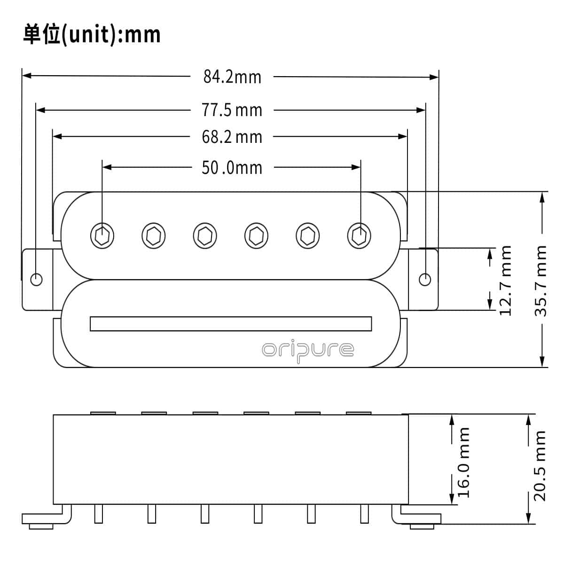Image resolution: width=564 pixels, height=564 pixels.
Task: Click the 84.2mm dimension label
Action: tap(232, 76)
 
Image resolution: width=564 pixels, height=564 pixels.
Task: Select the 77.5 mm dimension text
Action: tap(232, 110)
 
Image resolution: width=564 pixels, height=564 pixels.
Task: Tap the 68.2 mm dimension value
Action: tap(232, 137)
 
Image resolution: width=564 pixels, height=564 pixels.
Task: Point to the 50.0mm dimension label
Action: tap(232, 167)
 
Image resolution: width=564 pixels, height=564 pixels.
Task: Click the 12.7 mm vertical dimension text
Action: tap(505, 280)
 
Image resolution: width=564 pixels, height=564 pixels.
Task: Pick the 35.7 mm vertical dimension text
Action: tap(541, 280)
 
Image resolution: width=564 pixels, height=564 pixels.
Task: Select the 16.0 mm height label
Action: tap(464, 462)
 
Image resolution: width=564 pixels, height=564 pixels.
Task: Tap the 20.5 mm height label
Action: tap(540, 465)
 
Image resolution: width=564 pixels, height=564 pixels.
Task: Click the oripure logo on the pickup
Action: tap(308, 350)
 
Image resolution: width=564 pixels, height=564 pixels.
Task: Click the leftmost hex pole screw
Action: tap(102, 235)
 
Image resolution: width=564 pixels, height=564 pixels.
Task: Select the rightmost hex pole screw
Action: tap(359, 235)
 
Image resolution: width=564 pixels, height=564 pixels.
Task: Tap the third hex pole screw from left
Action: tap(205, 235)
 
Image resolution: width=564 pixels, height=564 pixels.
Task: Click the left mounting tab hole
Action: tap(36, 279)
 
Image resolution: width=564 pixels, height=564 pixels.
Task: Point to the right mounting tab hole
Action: tap(425, 279)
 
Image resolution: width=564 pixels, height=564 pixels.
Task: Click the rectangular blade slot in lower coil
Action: tap(231, 324)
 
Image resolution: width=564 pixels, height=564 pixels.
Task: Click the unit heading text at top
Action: tap(92, 35)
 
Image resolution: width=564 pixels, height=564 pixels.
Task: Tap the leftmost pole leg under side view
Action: tap(98, 514)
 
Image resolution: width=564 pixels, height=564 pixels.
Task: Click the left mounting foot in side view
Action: tap(42, 519)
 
